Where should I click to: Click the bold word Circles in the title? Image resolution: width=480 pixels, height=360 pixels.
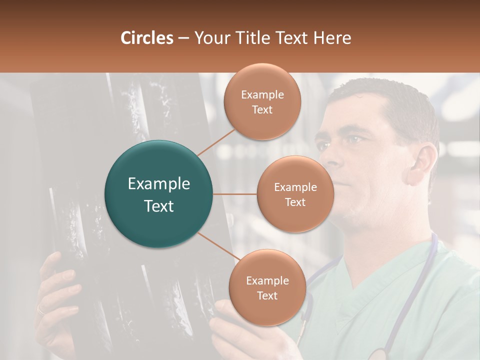coord(146,38)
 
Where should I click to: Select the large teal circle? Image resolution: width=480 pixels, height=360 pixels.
coord(158,194)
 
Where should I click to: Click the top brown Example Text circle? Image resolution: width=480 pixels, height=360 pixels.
coord(262,101)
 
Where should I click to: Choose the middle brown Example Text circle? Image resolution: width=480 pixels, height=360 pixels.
coord(295,194)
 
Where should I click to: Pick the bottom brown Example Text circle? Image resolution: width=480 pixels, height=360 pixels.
coord(267,287)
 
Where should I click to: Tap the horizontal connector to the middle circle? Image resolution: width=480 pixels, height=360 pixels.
coord(235,194)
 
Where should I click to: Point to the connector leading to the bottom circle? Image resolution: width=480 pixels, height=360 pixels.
coord(218,247)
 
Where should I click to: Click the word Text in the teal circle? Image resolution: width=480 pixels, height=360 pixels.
coord(158,206)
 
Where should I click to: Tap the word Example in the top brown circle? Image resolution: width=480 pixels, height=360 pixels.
coord(262,94)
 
